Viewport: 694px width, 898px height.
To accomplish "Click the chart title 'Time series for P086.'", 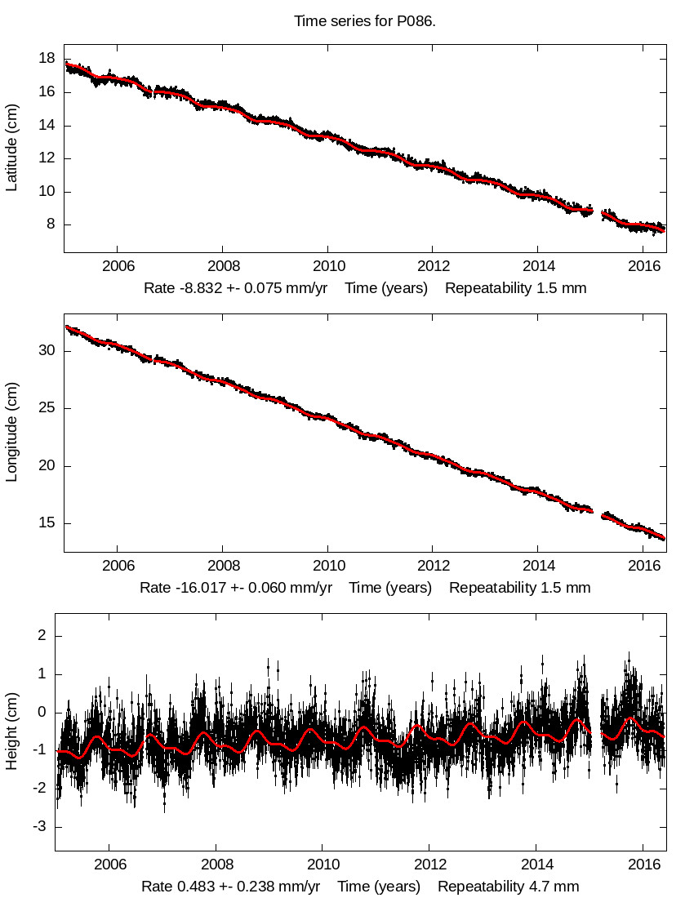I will [x=365, y=21].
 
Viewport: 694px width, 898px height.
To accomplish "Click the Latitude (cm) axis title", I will [x=12, y=148].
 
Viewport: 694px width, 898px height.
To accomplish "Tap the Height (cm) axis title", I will [x=12, y=731].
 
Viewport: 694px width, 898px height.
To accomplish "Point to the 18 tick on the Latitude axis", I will [x=47, y=59].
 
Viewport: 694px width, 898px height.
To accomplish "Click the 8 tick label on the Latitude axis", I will [x=51, y=224].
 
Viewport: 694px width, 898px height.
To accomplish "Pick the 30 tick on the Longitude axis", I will [x=47, y=351].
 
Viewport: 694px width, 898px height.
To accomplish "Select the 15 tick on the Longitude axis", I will [x=47, y=523].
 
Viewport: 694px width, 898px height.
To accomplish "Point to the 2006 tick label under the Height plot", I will [x=110, y=865].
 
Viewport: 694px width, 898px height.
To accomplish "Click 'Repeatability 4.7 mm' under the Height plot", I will [x=508, y=887].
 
